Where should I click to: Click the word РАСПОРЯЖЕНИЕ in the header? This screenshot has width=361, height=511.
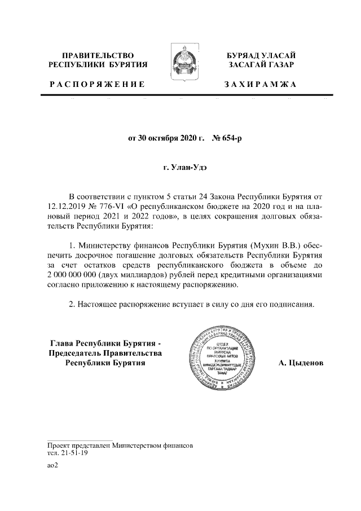(98, 84)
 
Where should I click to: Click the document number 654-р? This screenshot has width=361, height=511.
(226, 137)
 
